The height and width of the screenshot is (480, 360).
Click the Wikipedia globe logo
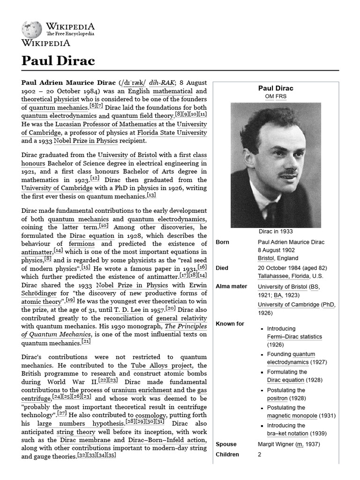click(31, 29)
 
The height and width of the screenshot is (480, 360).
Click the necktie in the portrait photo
click(271, 213)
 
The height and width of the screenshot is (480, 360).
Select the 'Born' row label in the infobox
click(223, 242)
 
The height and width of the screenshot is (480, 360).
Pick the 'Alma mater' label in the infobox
click(231, 286)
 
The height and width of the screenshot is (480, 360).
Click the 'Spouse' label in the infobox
click(226, 444)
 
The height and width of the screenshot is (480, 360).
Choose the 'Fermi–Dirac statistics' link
click(294, 337)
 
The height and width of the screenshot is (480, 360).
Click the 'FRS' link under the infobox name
click(281, 96)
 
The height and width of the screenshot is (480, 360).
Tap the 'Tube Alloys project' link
click(155, 365)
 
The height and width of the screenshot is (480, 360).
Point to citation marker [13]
click(151, 195)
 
